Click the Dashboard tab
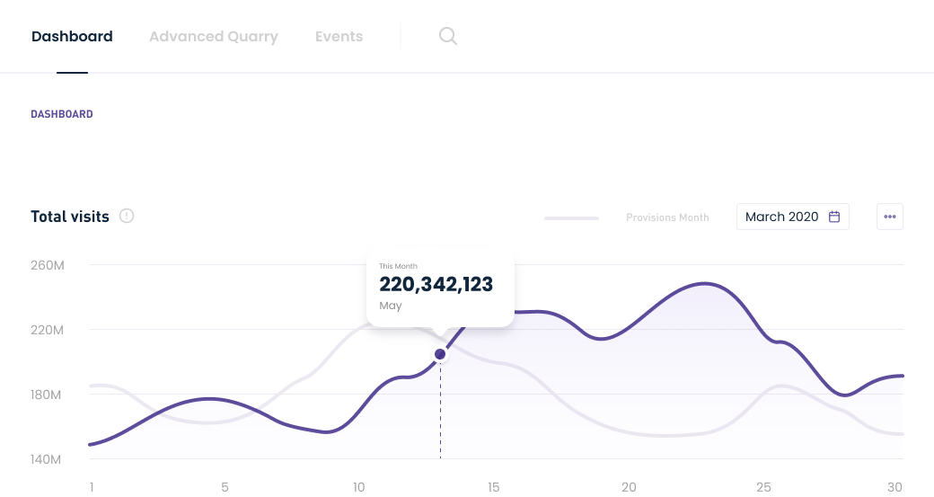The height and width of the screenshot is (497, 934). pos(72,37)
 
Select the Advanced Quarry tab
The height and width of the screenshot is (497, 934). pos(214,37)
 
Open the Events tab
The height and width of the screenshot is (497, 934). pos(339,37)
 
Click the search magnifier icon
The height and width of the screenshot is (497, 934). pos(448,36)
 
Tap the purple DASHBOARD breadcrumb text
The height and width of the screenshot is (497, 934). pos(62,114)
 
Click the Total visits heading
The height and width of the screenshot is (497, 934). pos(70,217)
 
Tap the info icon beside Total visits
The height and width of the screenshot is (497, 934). pos(127,216)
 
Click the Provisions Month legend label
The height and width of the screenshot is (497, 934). pos(667,217)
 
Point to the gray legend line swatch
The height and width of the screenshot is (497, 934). pos(571,217)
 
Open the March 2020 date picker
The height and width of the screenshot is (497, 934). pos(781,217)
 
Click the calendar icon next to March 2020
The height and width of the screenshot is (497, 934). pos(834,217)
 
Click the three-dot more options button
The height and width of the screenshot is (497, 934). pos(890,217)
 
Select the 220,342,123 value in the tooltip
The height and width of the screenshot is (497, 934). pos(436,285)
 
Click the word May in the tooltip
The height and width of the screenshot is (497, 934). pos(391,306)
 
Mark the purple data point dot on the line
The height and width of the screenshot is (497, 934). pos(440,354)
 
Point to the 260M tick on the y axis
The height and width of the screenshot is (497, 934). pos(47,265)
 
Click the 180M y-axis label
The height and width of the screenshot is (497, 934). pos(47,395)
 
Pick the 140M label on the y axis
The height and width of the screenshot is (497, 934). pos(47,459)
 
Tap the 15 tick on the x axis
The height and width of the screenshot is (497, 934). pos(494,487)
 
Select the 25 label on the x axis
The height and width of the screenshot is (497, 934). pos(763,487)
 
